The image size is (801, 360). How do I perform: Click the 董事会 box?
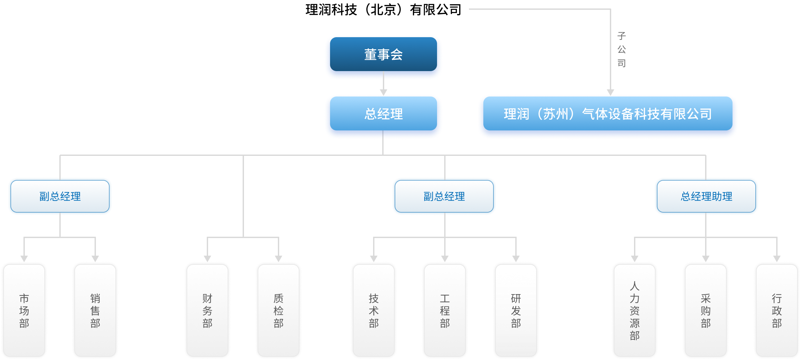(383, 54)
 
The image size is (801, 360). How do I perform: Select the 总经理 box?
(383, 114)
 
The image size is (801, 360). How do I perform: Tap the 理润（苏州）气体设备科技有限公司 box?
(608, 114)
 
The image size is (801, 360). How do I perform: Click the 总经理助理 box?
(706, 196)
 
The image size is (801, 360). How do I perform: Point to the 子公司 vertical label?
(621, 49)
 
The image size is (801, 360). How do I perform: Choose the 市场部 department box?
(24, 310)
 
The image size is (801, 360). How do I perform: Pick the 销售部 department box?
(95, 310)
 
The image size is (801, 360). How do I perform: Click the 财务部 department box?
(207, 310)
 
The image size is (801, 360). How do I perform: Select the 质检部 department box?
(279, 310)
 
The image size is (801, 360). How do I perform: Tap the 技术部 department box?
(374, 310)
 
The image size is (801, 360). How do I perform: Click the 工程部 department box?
(445, 310)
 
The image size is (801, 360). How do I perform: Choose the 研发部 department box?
(516, 310)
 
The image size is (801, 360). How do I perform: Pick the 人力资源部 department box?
(635, 310)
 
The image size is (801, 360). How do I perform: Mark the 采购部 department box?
(706, 310)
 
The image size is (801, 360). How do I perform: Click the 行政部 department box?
(777, 310)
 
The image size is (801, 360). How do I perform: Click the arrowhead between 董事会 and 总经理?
(384, 92)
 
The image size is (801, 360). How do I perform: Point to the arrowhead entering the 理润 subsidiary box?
(611, 92)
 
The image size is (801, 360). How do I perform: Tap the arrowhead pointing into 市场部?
(24, 259)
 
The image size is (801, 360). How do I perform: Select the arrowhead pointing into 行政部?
(777, 259)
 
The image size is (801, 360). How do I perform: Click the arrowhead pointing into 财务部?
(207, 259)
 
